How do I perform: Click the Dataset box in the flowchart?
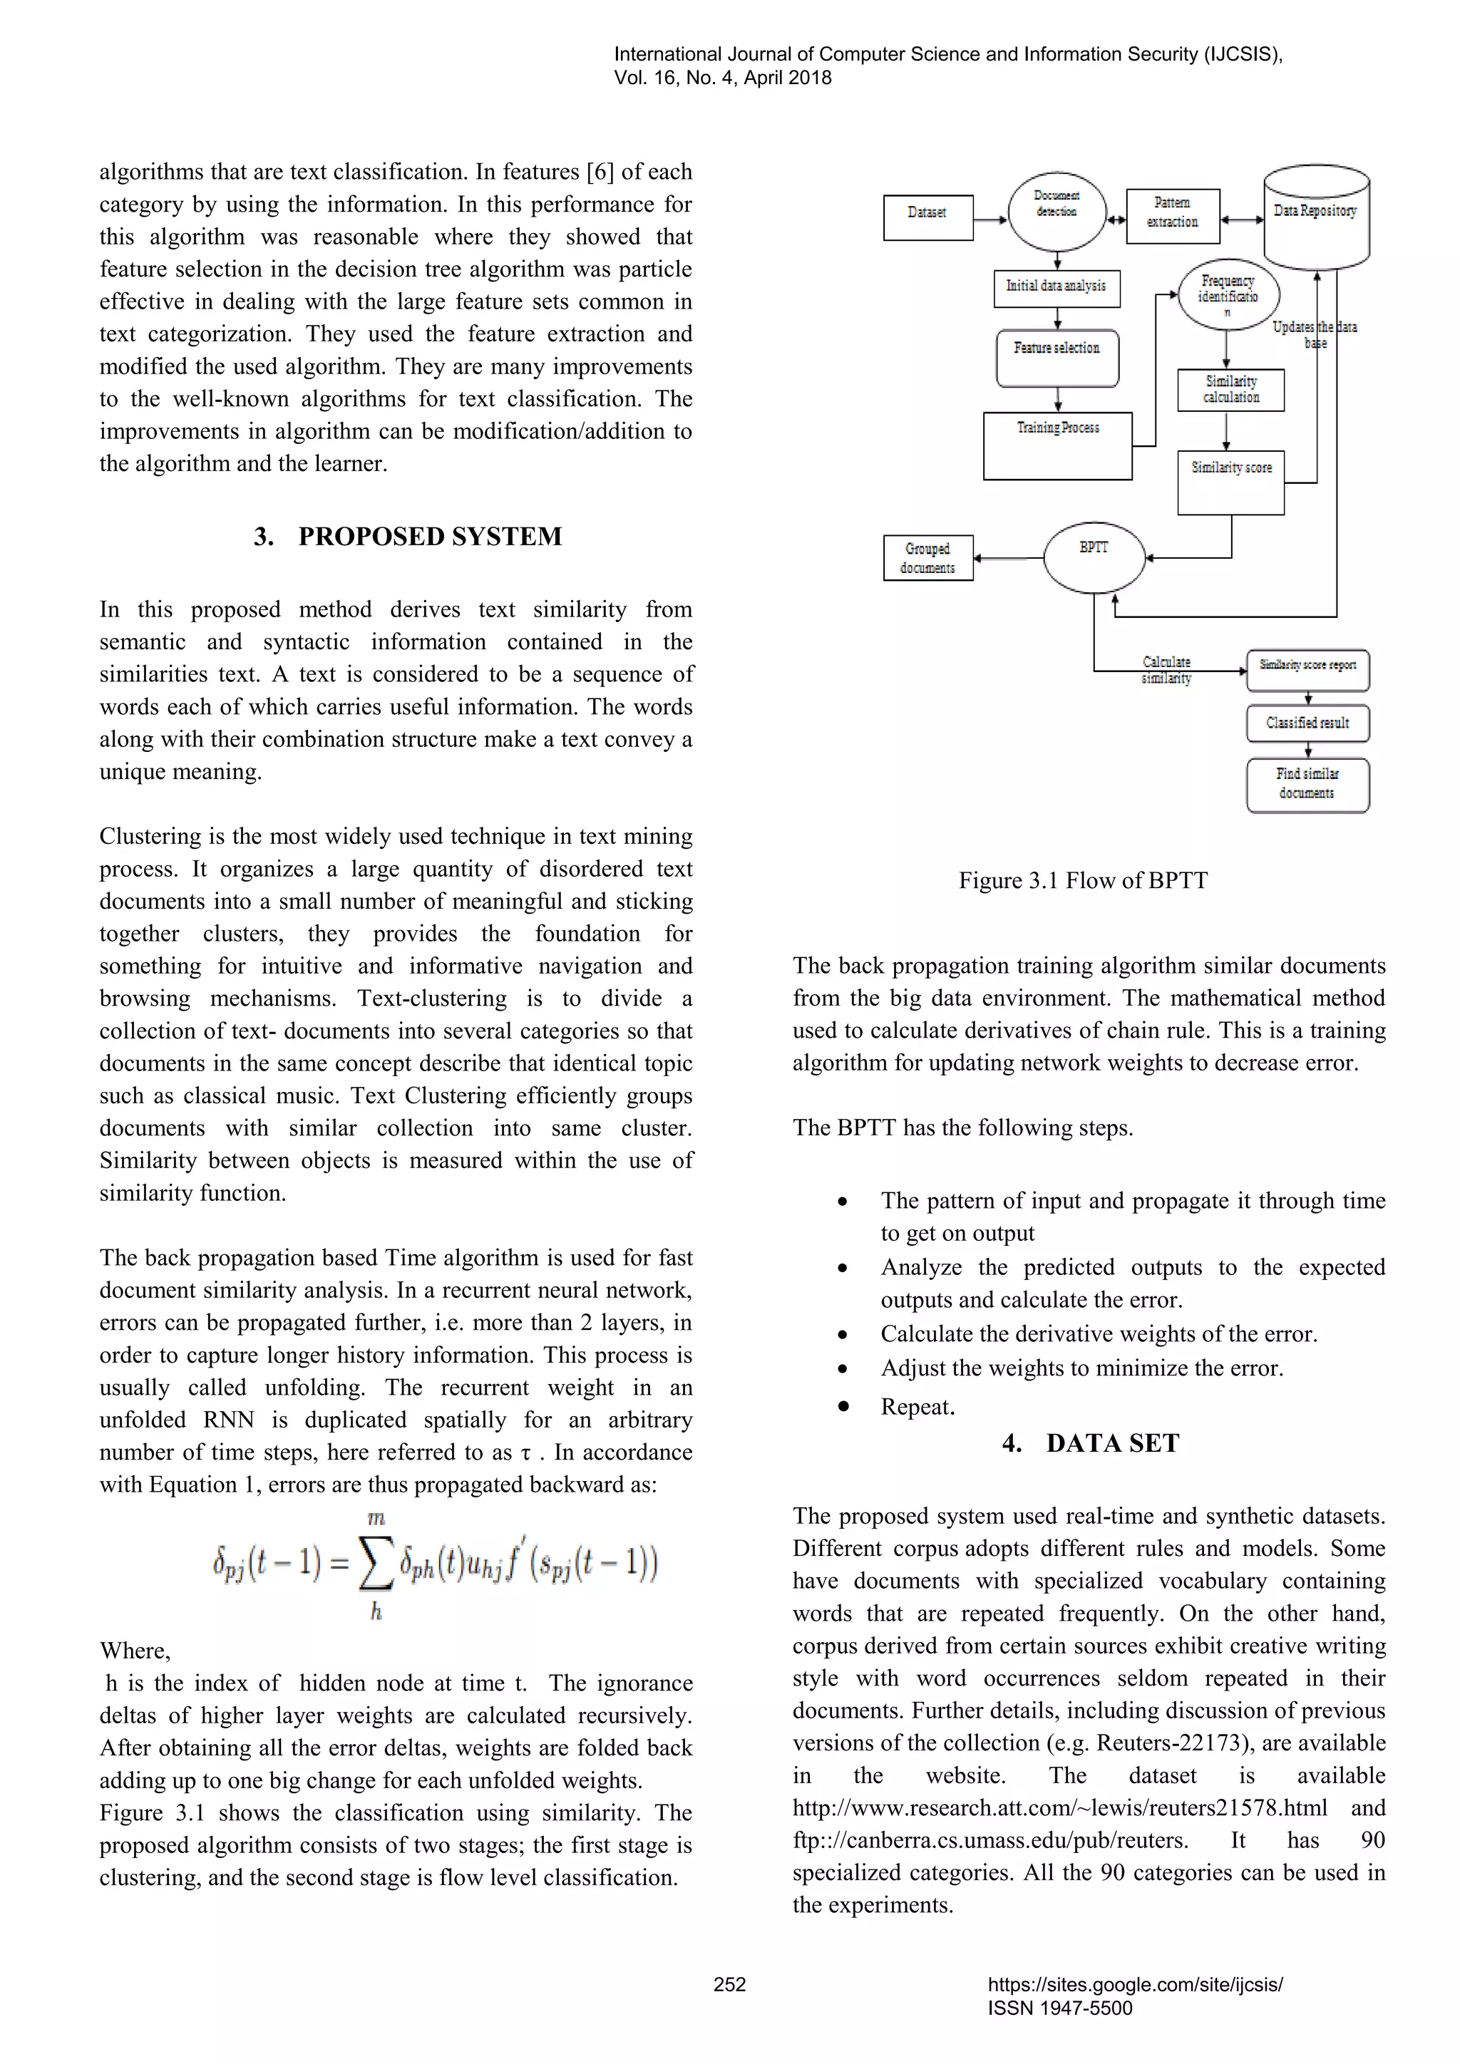[927, 217]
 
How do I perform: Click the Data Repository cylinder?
[1315, 216]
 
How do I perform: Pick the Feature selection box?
[1057, 358]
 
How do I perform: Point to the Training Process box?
[1057, 446]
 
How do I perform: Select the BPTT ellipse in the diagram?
[1094, 557]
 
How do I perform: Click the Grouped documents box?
[927, 558]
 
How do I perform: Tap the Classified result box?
[1307, 723]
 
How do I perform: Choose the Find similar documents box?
[1307, 784]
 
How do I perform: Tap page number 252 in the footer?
[729, 1984]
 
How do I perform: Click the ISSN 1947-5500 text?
[1060, 2008]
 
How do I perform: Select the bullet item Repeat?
[917, 1407]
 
